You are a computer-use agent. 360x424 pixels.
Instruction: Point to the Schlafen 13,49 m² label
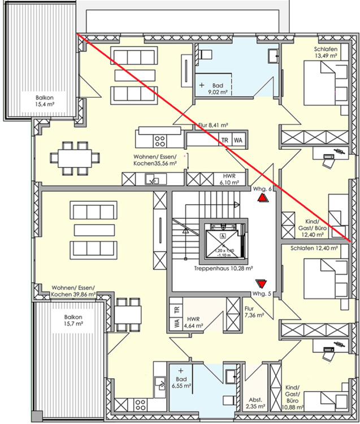[x=326, y=53]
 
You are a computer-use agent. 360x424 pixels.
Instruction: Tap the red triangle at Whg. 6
[x=262, y=198]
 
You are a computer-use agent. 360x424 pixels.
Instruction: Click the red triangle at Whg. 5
[x=261, y=283]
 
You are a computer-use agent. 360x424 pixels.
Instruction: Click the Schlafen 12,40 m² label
[x=314, y=248]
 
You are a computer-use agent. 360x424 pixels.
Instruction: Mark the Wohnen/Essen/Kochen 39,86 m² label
[x=73, y=291]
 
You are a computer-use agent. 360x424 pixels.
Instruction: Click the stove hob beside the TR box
[x=161, y=139]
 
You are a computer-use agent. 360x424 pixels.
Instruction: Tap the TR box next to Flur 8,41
[x=224, y=140]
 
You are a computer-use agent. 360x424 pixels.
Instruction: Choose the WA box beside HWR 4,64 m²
[x=176, y=325]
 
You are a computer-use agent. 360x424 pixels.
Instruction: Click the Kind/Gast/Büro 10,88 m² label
[x=293, y=397]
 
